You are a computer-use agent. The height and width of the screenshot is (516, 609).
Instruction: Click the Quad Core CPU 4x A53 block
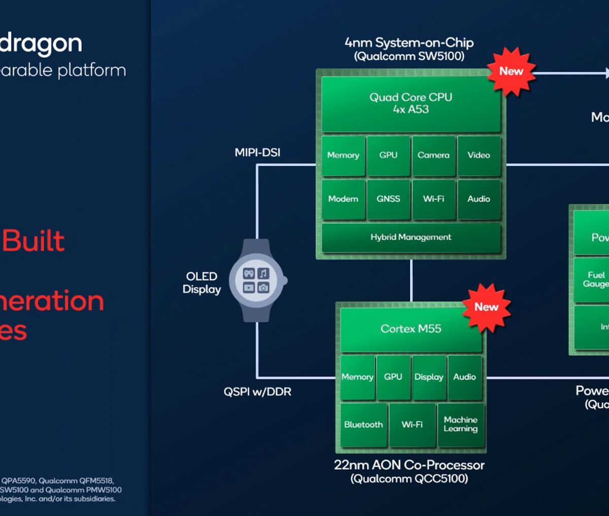pos(411,103)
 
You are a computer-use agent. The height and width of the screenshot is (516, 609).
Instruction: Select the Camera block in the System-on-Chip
pos(433,155)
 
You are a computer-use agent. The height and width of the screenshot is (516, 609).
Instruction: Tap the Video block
pos(479,155)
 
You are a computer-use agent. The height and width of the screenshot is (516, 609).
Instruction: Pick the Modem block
pos(343,199)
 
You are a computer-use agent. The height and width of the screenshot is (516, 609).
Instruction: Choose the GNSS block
pos(388,199)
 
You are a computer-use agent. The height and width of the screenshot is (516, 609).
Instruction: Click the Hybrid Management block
pos(411,237)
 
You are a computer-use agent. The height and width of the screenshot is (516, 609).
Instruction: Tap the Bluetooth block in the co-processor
pos(363,425)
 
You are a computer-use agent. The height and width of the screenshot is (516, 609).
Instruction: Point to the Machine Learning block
pos(461,425)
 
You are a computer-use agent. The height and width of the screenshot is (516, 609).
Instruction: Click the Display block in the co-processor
pos(429,377)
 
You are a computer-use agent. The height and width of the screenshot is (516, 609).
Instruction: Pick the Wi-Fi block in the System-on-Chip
pos(433,199)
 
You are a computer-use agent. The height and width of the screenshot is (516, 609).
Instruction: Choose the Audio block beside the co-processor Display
pos(464,377)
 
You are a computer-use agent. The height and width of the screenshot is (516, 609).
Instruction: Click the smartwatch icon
pos(256,280)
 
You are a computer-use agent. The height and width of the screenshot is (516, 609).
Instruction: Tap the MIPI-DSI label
pos(257,152)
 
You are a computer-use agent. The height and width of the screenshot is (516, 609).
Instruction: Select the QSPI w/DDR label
pos(257,392)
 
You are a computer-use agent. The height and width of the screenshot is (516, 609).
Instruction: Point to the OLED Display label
pos(201,283)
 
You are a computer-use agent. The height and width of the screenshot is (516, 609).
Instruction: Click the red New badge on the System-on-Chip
pos(511,72)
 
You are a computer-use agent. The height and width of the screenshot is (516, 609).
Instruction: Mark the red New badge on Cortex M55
pos(486,307)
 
